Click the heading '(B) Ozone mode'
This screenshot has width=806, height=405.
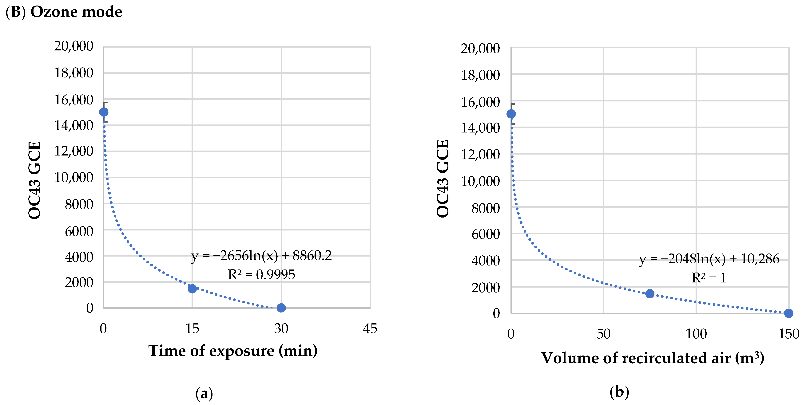[64, 12]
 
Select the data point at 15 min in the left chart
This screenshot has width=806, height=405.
[192, 288]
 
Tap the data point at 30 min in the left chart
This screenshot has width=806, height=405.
[281, 308]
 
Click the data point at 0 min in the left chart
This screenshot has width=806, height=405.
[104, 112]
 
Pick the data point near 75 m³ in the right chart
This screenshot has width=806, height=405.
[649, 293]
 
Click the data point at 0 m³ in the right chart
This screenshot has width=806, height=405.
[511, 114]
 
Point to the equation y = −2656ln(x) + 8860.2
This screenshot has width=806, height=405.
[261, 256]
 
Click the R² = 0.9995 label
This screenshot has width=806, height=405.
[261, 275]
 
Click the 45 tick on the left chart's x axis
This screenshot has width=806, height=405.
[370, 329]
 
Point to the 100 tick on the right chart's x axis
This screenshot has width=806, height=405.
[696, 334]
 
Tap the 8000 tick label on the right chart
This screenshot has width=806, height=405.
[485, 208]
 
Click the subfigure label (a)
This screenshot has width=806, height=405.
[204, 393]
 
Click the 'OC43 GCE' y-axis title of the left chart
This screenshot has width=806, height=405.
[34, 180]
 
